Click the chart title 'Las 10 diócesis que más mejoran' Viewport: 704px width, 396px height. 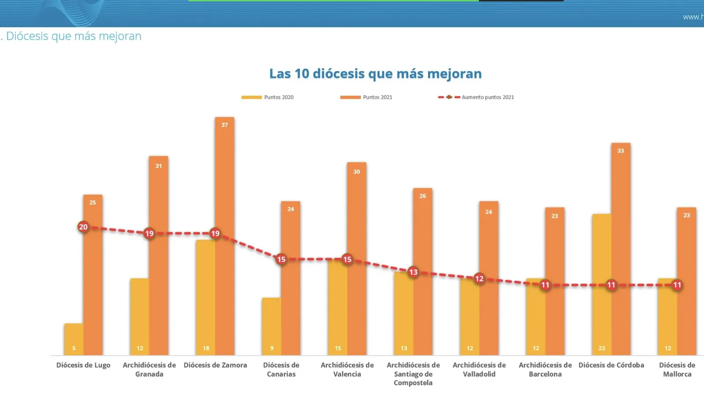pos(375,73)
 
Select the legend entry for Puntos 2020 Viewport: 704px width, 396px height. pos(268,97)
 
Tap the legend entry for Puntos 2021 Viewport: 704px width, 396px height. pos(366,97)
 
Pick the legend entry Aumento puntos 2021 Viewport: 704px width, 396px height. pos(476,97)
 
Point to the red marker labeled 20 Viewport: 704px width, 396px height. pos(83,227)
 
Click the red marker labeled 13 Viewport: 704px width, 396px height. pos(413,272)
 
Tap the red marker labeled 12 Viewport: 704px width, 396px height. pos(479,279)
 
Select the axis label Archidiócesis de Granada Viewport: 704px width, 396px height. pos(149,370)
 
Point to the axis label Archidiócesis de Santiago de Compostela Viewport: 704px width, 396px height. pos(413,374)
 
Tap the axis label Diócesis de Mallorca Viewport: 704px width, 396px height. pos(677,370)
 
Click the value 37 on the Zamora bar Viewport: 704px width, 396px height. pos(224,125)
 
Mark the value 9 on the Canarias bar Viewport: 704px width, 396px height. pos(271,348)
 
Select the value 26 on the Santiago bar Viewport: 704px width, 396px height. pos(422,196)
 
